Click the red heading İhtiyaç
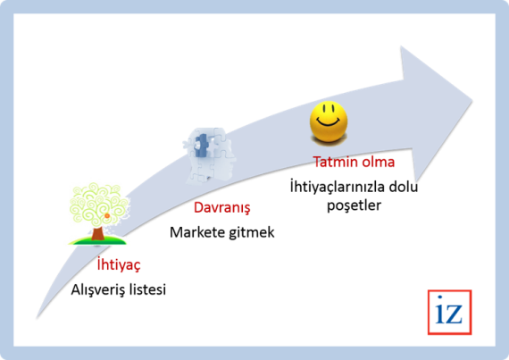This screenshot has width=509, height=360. click(119, 265)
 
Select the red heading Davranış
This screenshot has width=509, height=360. click(222, 208)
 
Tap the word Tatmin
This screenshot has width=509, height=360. click(333, 162)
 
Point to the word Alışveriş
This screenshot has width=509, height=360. click(97, 289)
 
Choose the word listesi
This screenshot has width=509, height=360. click(147, 289)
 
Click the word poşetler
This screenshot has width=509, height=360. click(354, 205)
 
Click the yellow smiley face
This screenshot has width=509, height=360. click(329, 121)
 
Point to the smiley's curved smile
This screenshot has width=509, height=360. click(329, 122)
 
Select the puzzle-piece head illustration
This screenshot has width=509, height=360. click(210, 156)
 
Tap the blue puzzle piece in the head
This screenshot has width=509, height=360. click(202, 146)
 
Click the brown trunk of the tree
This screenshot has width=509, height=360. click(97, 233)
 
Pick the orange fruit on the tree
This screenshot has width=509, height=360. click(107, 215)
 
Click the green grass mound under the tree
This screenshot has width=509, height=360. click(97, 241)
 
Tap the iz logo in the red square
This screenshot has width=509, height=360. click(449, 313)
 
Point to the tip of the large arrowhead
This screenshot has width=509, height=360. click(472, 100)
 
